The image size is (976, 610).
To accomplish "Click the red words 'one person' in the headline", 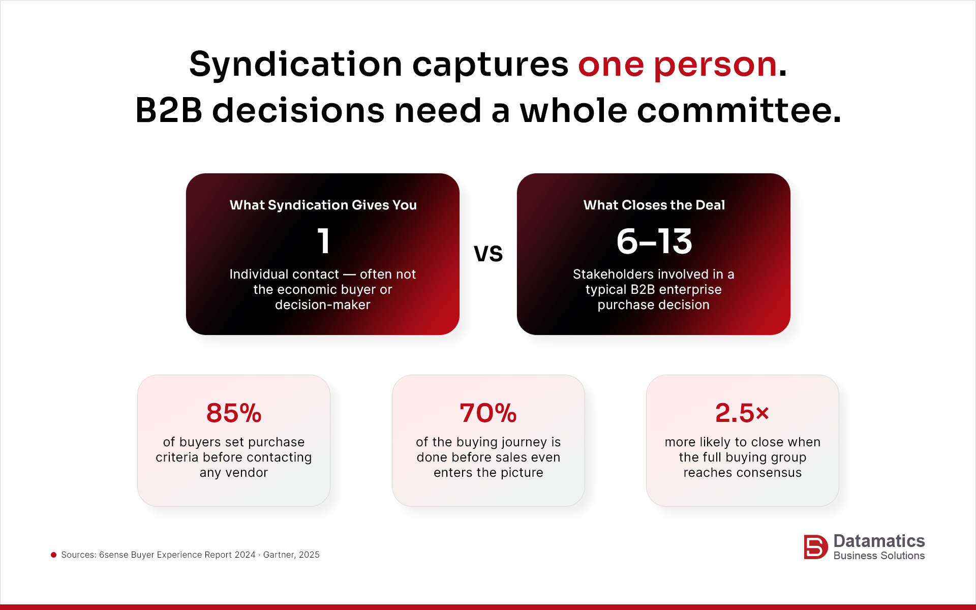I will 677,65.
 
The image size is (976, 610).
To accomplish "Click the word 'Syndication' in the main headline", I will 295,65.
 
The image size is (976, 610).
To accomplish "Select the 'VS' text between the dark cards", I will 488,253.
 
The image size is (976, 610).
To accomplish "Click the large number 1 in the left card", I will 323,241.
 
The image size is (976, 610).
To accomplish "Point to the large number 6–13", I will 654,241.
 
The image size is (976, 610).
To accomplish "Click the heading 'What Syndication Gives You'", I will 323,205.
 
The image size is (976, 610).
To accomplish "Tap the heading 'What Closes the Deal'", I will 654,205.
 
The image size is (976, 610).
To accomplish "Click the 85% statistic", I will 234,413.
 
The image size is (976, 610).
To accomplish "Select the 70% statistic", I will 488,413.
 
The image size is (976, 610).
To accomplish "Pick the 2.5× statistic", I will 742,413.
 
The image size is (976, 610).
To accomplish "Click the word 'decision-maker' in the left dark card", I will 323,304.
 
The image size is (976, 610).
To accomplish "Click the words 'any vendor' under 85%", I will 234,472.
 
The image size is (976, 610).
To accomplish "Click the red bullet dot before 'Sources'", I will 53,555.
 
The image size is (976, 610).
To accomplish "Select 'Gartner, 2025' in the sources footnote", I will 291,555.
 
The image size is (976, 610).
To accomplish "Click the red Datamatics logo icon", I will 815,547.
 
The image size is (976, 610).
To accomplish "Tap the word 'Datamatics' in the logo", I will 879,540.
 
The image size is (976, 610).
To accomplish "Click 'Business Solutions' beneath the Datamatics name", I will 879,556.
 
